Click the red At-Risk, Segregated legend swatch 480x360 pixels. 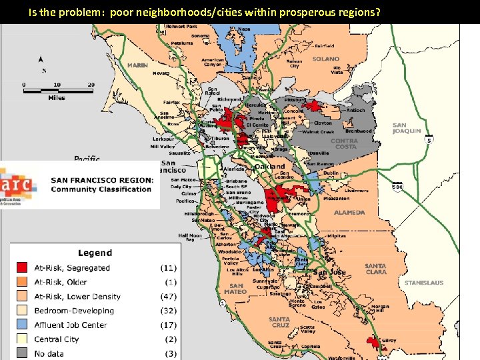(23, 267)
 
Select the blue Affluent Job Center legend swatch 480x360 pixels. (23, 325)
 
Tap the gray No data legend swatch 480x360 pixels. (23, 353)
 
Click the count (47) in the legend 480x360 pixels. (168, 296)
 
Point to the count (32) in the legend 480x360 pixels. (168, 311)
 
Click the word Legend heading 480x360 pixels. (95, 253)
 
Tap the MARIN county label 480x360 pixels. (137, 65)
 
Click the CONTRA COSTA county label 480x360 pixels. (344, 144)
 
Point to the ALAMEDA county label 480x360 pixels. (349, 213)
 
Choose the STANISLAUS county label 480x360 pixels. (423, 283)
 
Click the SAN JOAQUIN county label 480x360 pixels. (406, 128)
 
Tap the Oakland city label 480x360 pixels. (269, 166)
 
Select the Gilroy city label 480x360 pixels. (389, 341)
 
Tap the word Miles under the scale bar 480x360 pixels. (57, 97)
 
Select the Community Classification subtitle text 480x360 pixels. (101, 189)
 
